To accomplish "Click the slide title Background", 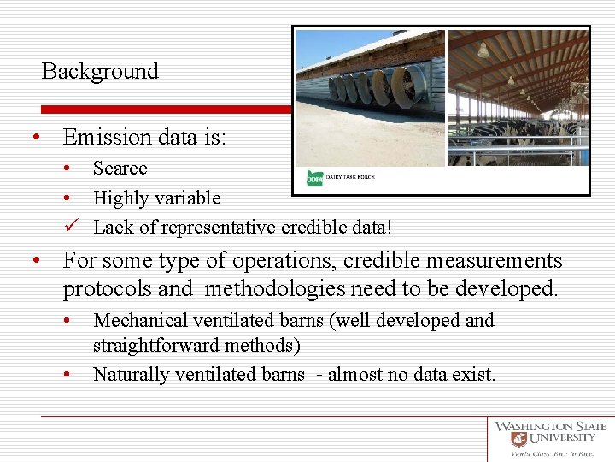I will pyautogui.click(x=100, y=71).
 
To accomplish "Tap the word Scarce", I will pyautogui.click(x=120, y=169).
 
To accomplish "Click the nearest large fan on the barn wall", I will pyautogui.click(x=409, y=86).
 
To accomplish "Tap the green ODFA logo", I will pyautogui.click(x=314, y=178).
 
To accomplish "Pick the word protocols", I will pyautogui.click(x=109, y=289).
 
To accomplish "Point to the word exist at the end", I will pyautogui.click(x=475, y=374).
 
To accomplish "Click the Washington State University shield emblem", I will pyautogui.click(x=518, y=440).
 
